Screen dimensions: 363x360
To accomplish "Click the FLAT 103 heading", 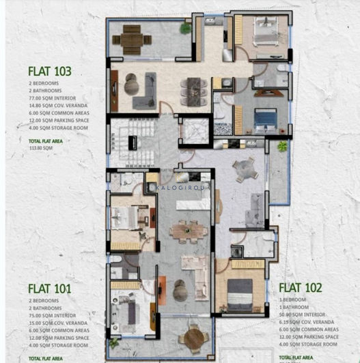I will coord(50,70).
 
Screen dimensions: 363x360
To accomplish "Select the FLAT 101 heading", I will coord(50,288).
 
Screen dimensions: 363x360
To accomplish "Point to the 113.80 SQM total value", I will coord(40,147).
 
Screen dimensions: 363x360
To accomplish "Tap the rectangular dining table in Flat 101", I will coord(184,232).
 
